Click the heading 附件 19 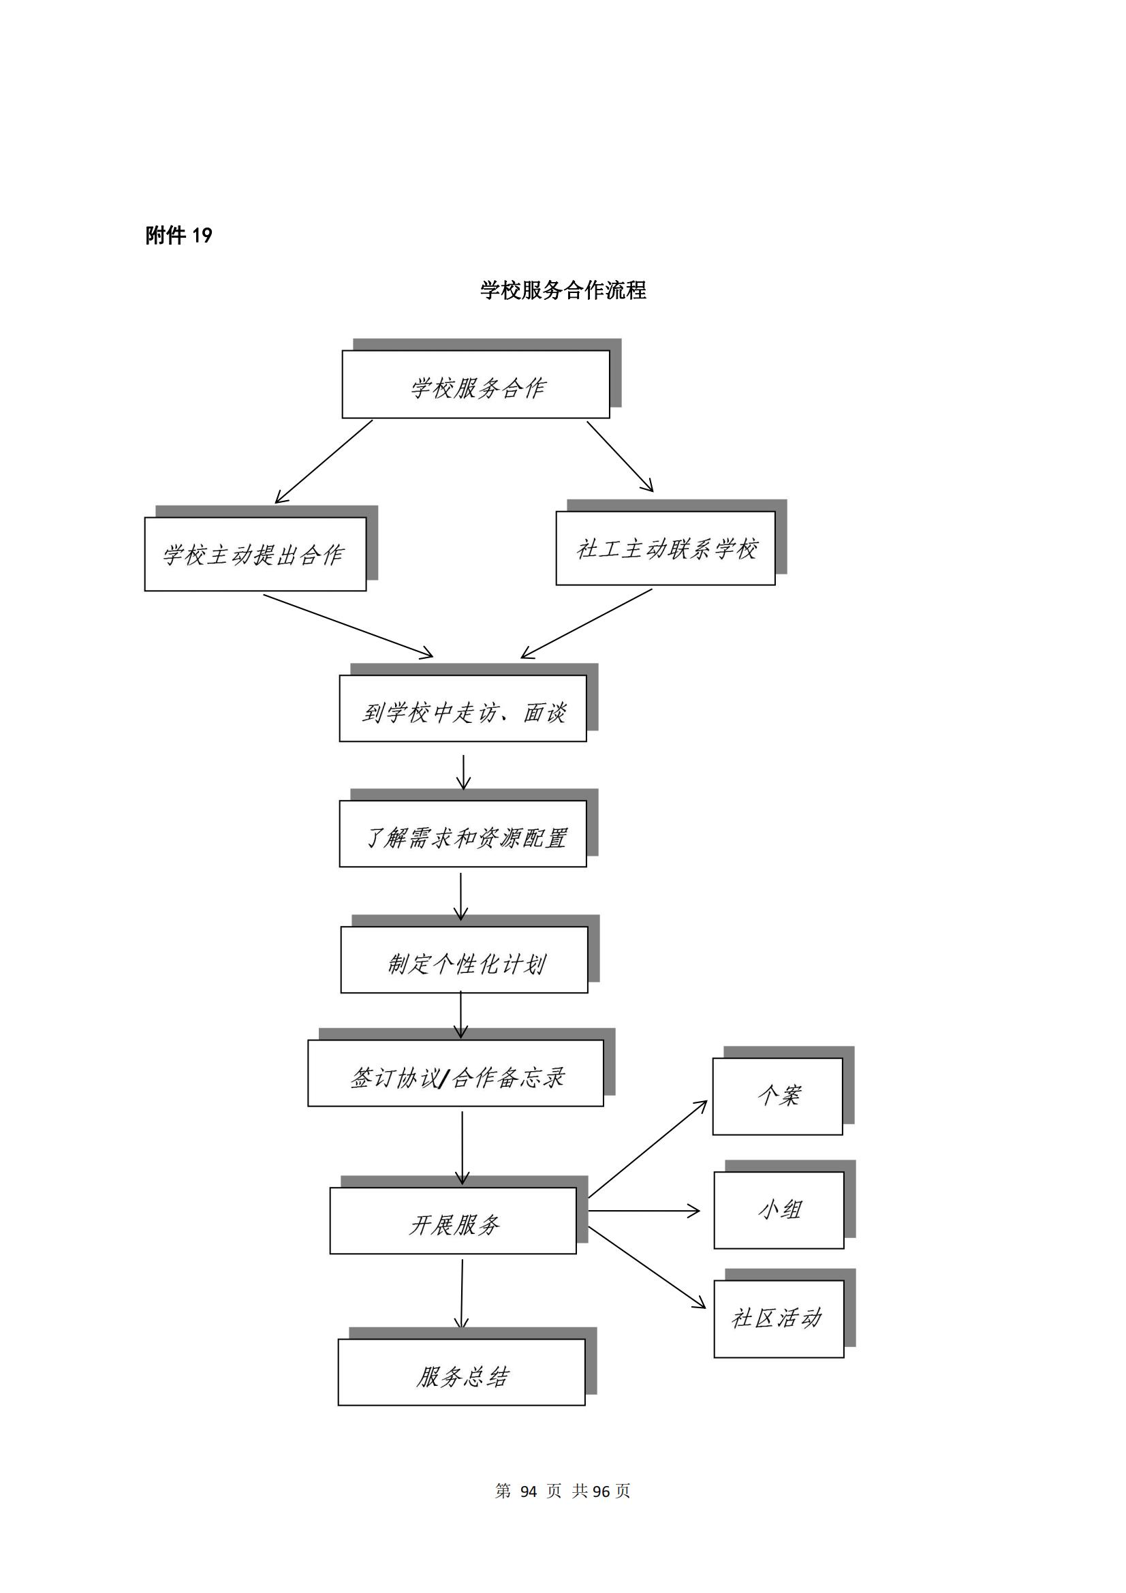click(x=178, y=236)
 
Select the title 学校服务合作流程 click(x=563, y=290)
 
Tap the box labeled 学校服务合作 click(x=476, y=384)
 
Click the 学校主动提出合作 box click(x=255, y=554)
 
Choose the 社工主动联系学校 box click(x=666, y=548)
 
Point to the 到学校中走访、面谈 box click(x=463, y=709)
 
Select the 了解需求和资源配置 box click(x=463, y=834)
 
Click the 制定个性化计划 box click(x=464, y=959)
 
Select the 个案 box click(x=778, y=1096)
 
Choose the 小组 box click(x=779, y=1210)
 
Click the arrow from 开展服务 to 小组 click(x=644, y=1211)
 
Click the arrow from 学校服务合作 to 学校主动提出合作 click(x=324, y=461)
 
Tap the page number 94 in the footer click(x=529, y=1491)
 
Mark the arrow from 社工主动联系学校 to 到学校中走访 click(x=587, y=623)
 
